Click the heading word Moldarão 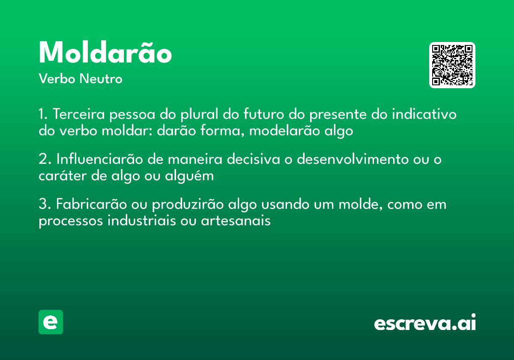(105, 53)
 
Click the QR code (452, 65)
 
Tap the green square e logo (51, 322)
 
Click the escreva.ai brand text (425, 323)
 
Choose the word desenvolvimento (353, 159)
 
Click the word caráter (58, 176)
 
